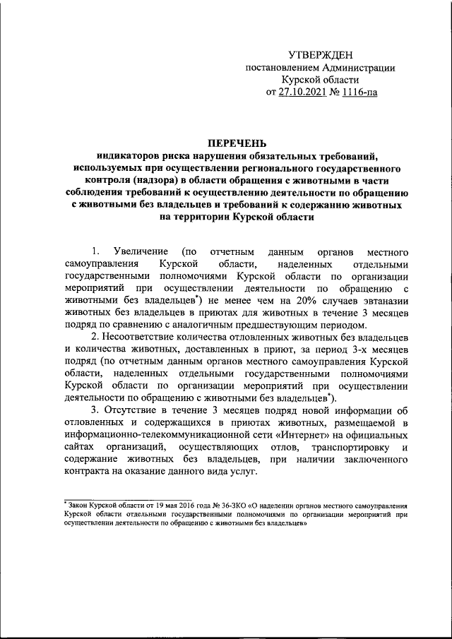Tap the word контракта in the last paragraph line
(86, 474)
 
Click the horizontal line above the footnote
(126, 499)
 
